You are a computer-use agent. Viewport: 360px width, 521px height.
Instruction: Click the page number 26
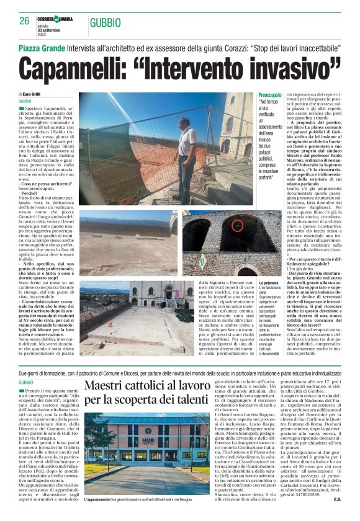(x=25, y=20)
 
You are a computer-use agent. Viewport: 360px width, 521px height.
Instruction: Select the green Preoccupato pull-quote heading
(x=271, y=95)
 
